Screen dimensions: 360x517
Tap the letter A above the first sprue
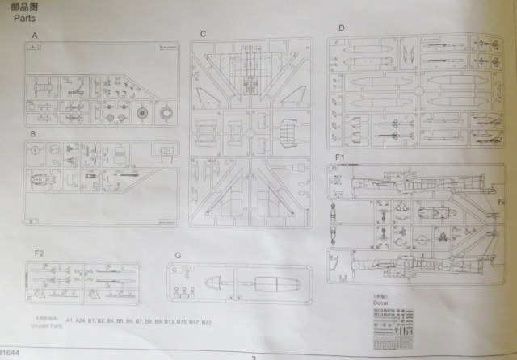(34, 37)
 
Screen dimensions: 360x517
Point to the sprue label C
(204, 34)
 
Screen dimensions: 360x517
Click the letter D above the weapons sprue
(342, 28)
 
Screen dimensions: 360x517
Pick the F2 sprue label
(39, 253)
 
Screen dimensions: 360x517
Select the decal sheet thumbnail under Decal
(394, 324)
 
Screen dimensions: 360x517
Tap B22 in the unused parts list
(206, 321)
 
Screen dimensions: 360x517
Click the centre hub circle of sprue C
(251, 129)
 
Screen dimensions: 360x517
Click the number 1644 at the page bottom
(11, 352)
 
